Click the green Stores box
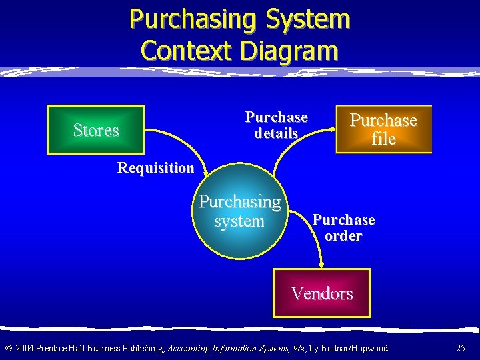point(95,130)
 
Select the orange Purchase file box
point(383,129)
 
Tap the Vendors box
point(322,293)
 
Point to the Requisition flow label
point(155,168)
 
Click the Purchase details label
point(276,125)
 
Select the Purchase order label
point(343,228)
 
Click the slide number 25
point(461,348)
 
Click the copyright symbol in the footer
point(8,348)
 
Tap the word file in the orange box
point(384,139)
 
